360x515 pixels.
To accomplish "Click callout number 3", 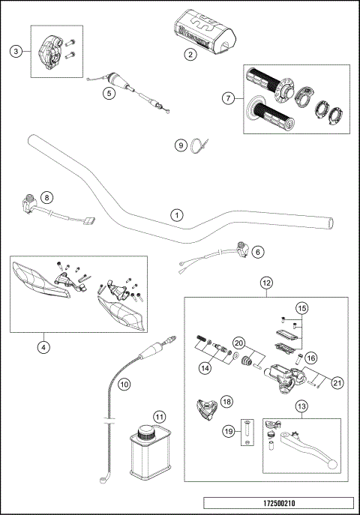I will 15,50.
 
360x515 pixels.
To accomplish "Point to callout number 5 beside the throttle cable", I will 109,94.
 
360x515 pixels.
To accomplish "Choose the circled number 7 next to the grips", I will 229,97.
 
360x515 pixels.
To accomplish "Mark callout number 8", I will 46,198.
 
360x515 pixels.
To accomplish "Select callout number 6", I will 258,253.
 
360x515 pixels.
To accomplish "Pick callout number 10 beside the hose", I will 124,383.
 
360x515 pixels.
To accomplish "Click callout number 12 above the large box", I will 265,283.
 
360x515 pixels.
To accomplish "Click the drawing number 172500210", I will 278,504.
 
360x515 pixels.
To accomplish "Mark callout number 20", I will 239,342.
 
